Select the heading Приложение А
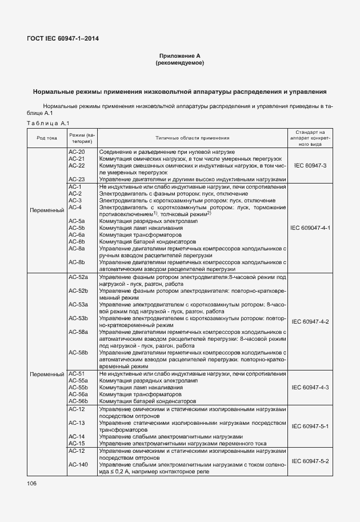[179, 55]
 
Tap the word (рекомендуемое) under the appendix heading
[179, 62]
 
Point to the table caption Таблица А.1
[47, 123]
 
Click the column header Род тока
[47, 138]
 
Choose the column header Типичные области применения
[192, 138]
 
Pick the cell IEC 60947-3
[310, 165]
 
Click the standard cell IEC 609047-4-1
[310, 228]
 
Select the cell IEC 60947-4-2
[310, 322]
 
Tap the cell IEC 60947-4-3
[310, 388]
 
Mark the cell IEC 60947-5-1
[310, 427]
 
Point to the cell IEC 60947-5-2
[310, 461]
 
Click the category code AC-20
[77, 152]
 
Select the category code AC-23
[77, 179]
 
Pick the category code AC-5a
[77, 221]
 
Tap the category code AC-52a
[78, 277]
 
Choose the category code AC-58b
[78, 353]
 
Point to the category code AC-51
[77, 374]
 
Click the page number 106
[31, 484]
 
